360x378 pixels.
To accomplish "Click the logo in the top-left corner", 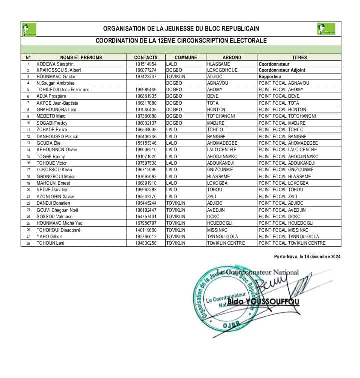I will click(x=29, y=30).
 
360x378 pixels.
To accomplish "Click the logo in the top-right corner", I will click(x=326, y=30).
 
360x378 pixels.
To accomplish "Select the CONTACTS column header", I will click(x=146, y=58).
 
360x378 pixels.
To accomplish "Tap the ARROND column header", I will click(x=231, y=58).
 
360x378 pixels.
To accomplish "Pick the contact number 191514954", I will click(x=146, y=64).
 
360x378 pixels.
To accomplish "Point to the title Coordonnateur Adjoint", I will click(x=284, y=71).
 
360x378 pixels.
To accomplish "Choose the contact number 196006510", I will click(x=146, y=149).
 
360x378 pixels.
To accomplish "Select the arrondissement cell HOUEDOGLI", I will click(x=221, y=223).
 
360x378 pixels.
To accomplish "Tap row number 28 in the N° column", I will click(x=28, y=243).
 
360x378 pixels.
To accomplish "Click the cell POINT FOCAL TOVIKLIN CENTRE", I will click(x=292, y=243).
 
